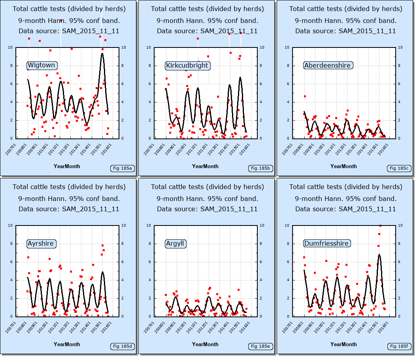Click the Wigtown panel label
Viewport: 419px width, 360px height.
pyautogui.click(x=42, y=65)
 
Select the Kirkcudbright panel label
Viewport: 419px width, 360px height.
pyautogui.click(x=187, y=65)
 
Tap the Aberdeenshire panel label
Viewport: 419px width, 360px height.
pyautogui.click(x=327, y=65)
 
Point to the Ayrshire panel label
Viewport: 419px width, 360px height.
pyautogui.click(x=41, y=243)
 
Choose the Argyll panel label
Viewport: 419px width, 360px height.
pyautogui.click(x=175, y=243)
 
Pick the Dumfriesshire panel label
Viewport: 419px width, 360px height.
pyautogui.click(x=327, y=243)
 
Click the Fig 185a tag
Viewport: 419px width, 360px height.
pyautogui.click(x=122, y=169)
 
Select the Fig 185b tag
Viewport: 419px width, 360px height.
pyautogui.click(x=260, y=169)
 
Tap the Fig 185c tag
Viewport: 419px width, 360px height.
pyautogui.click(x=399, y=169)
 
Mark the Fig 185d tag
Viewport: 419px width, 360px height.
pyautogui.click(x=122, y=347)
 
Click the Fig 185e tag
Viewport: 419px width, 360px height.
pyautogui.click(x=260, y=347)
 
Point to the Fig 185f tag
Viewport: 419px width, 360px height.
pyautogui.click(x=399, y=347)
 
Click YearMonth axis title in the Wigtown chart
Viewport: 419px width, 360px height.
pyautogui.click(x=67, y=166)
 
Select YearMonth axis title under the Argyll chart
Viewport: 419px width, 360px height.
pyautogui.click(x=205, y=344)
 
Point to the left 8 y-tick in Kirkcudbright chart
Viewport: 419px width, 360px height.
pyautogui.click(x=149, y=66)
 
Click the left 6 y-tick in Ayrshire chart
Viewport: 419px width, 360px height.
pyautogui.click(x=11, y=262)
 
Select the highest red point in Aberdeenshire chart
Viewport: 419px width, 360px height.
pyautogui.click(x=305, y=96)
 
